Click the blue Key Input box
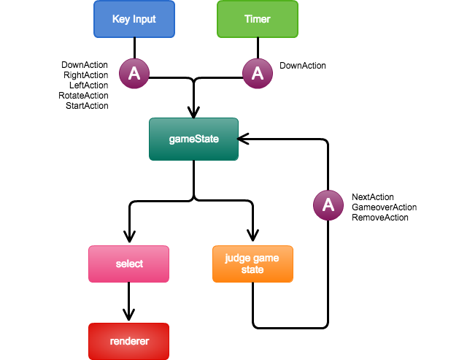(134, 19)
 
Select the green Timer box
(258, 19)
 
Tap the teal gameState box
(193, 139)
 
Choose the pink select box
(128, 264)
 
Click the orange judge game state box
(252, 264)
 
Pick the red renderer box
(128, 341)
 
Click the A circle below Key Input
(134, 74)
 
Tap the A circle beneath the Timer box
(258, 74)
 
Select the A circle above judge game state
(328, 205)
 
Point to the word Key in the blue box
(121, 19)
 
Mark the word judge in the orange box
(238, 258)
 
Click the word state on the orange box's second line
(252, 269)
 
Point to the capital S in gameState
(197, 139)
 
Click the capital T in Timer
(247, 19)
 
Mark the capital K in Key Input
(115, 19)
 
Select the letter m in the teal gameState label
(185, 139)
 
